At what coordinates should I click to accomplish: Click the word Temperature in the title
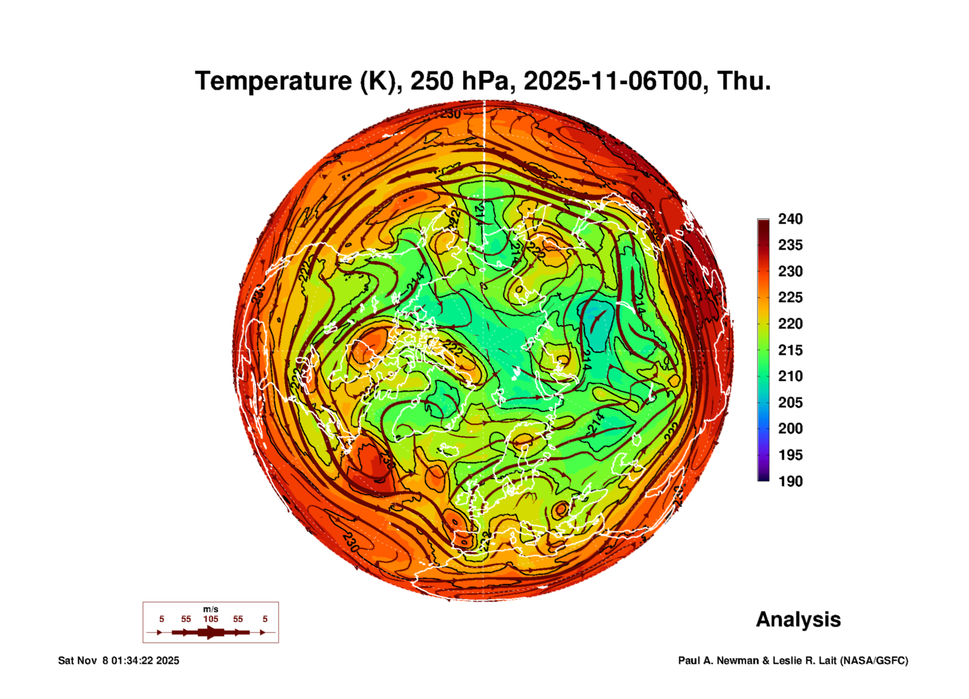[x=273, y=81]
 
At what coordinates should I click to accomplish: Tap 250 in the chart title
[x=431, y=81]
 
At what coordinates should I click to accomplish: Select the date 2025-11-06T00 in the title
[x=616, y=81]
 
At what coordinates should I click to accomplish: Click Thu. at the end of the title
[x=744, y=81]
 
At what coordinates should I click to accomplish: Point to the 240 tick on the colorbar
[x=790, y=219]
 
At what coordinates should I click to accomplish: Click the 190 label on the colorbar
[x=790, y=481]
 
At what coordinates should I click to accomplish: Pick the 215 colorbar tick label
[x=790, y=350]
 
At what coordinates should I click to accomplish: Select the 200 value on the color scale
[x=790, y=429]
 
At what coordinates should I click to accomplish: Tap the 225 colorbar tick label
[x=790, y=297]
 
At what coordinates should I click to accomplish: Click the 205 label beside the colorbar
[x=790, y=403]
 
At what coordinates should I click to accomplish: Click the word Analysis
[x=798, y=619]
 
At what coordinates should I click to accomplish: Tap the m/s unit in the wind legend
[x=211, y=609]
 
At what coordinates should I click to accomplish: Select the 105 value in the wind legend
[x=211, y=619]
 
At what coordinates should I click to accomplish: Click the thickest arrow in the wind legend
[x=211, y=632]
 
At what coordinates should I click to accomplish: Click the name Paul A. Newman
[x=719, y=660]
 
